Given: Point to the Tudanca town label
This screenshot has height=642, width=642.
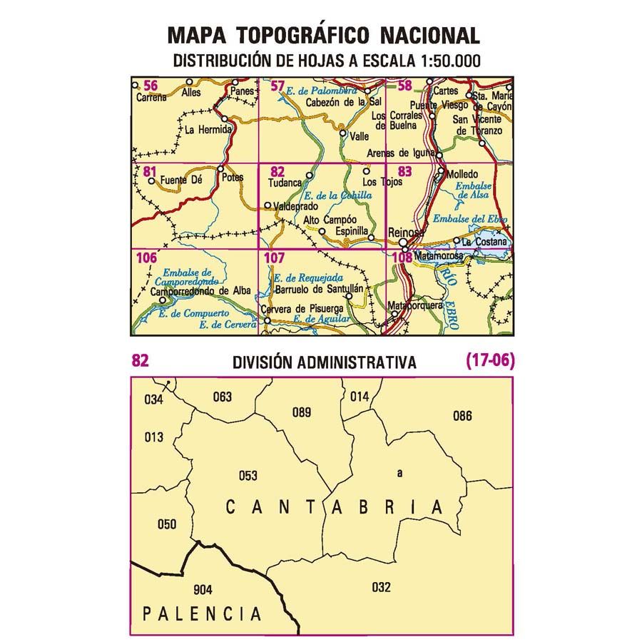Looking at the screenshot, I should pos(283,182).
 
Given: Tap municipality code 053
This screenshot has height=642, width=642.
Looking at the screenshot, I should pos(248,476).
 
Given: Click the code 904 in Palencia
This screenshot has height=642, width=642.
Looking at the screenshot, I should pos(203,589).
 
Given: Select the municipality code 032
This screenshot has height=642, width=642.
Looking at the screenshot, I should pos(382,588).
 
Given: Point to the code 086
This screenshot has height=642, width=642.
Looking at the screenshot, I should pos(462,415).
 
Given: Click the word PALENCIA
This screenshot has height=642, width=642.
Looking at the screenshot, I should pos(200,613).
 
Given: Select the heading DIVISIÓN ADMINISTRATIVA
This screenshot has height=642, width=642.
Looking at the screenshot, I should pos(324,362).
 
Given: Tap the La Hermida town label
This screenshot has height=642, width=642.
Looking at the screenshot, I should pos(208,131).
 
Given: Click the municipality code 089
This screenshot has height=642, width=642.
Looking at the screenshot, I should pos(302,412).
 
